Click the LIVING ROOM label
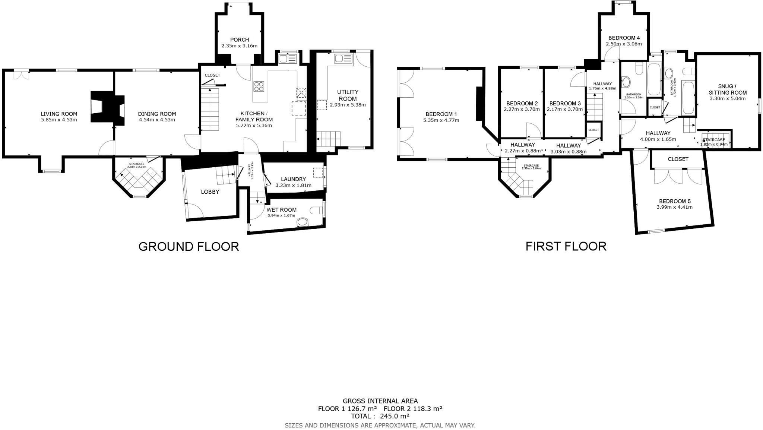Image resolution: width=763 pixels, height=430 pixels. pyautogui.click(x=59, y=114)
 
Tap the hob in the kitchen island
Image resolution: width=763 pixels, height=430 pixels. pyautogui.click(x=259, y=86)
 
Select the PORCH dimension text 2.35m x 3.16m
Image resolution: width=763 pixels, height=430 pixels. pyautogui.click(x=239, y=46)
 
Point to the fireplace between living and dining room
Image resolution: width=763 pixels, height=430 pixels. pyautogui.click(x=107, y=109)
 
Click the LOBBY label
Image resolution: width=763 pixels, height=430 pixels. pyautogui.click(x=210, y=192)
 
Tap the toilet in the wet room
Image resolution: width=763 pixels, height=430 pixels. pyautogui.click(x=317, y=211)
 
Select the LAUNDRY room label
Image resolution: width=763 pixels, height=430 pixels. pyautogui.click(x=293, y=179)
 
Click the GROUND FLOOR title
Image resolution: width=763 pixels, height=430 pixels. pyautogui.click(x=189, y=247)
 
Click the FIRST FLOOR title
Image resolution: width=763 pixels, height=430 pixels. pyautogui.click(x=566, y=247)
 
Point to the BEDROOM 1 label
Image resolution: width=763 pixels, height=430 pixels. pyautogui.click(x=441, y=114)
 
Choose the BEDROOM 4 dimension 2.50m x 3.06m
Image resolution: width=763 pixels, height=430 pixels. pyautogui.click(x=624, y=44)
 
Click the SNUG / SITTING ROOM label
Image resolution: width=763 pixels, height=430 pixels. pyautogui.click(x=727, y=89)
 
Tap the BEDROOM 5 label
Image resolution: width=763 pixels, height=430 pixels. pyautogui.click(x=674, y=201)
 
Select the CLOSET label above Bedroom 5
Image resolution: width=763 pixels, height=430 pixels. pyautogui.click(x=678, y=159)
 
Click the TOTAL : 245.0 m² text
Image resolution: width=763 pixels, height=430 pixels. pyautogui.click(x=380, y=416)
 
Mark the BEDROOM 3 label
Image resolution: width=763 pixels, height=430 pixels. pyautogui.click(x=565, y=104)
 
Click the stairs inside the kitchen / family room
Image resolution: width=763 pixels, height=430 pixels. pyautogui.click(x=210, y=111)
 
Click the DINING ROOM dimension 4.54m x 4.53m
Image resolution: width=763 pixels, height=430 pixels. pyautogui.click(x=157, y=120)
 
